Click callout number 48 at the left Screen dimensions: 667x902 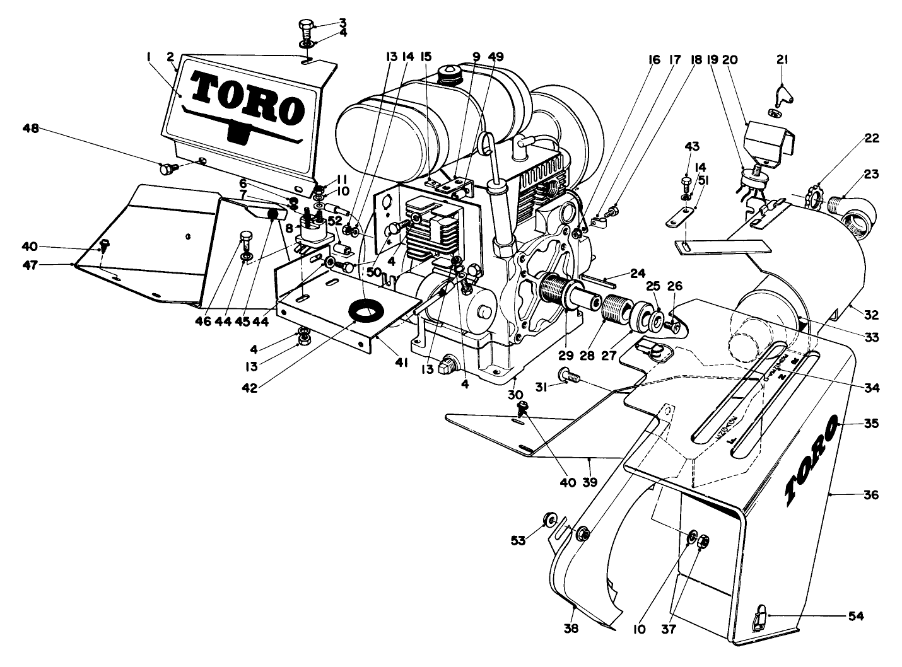[30, 128]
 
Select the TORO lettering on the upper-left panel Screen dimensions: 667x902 [247, 98]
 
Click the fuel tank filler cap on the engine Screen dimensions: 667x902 [449, 74]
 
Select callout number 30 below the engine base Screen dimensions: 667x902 [516, 394]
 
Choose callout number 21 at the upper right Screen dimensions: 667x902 [782, 60]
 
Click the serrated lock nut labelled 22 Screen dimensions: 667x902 [815, 196]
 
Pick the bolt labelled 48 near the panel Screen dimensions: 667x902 [168, 168]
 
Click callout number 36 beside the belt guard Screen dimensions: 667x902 [870, 495]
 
